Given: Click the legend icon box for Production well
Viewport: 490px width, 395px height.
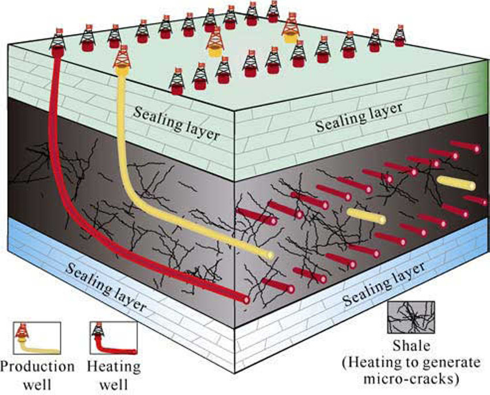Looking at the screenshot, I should pos(36,338).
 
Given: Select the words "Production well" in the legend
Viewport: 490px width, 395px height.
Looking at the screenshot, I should pos(37,374).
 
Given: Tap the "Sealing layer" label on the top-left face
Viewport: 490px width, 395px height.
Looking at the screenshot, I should pos(176,122).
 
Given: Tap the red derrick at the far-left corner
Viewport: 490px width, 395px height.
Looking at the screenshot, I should pos(58,42).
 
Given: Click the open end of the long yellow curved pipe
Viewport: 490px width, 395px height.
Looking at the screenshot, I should pos(268,254).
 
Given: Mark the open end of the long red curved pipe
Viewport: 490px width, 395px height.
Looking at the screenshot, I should pos(246,299).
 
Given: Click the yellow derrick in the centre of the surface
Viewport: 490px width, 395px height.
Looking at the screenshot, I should pos(215,43).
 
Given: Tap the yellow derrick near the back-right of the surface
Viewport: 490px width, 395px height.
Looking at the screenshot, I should pos(291,30).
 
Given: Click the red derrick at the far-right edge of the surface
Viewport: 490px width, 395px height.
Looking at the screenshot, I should pos(399,36).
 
